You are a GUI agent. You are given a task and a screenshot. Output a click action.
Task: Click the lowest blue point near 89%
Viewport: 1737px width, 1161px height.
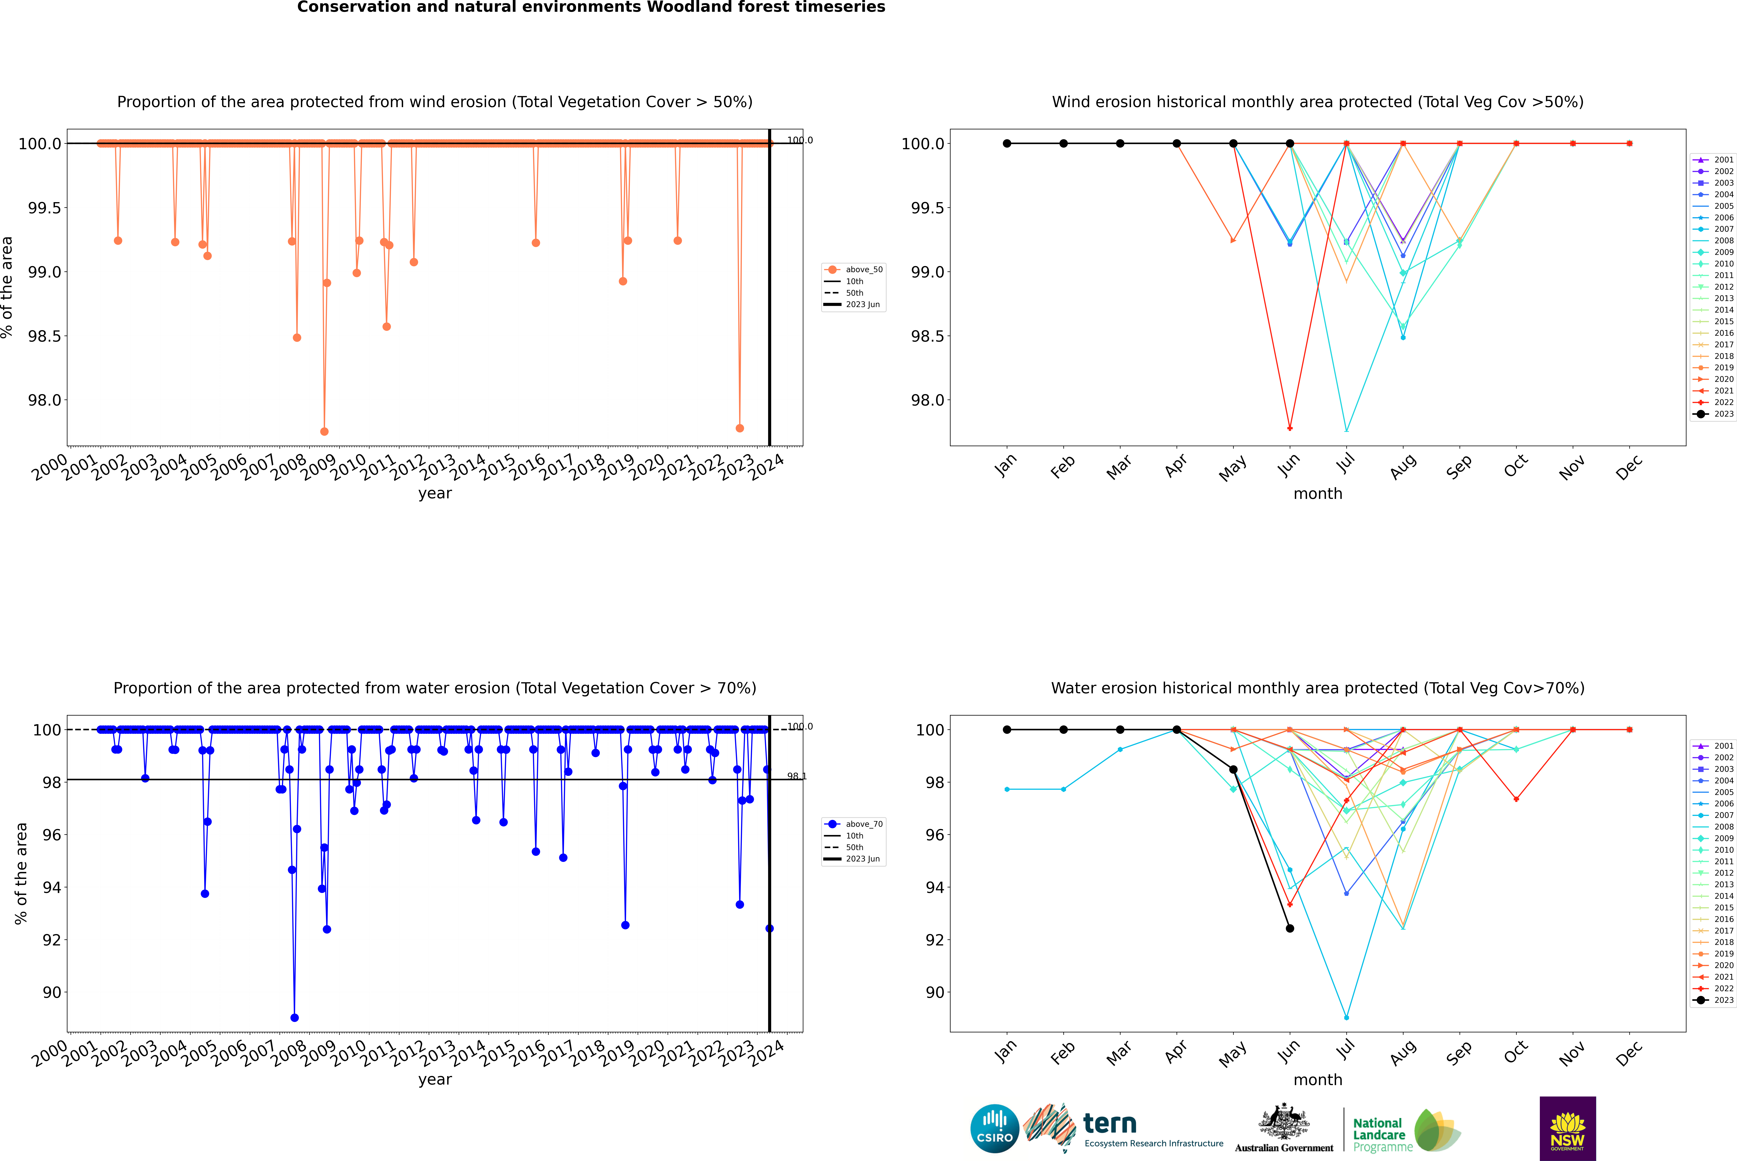tap(295, 1017)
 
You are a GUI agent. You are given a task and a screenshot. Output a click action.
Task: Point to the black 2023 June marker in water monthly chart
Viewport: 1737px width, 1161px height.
tap(1290, 929)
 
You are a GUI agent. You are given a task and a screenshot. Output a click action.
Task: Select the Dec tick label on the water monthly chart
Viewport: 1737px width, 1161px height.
tap(1629, 1053)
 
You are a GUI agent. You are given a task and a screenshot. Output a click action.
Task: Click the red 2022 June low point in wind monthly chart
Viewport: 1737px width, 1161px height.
tap(1290, 428)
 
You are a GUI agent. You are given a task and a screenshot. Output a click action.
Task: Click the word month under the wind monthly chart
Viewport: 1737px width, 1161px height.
tap(1317, 494)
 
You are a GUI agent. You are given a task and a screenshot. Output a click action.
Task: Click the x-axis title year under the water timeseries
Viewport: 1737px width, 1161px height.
tap(435, 1080)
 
